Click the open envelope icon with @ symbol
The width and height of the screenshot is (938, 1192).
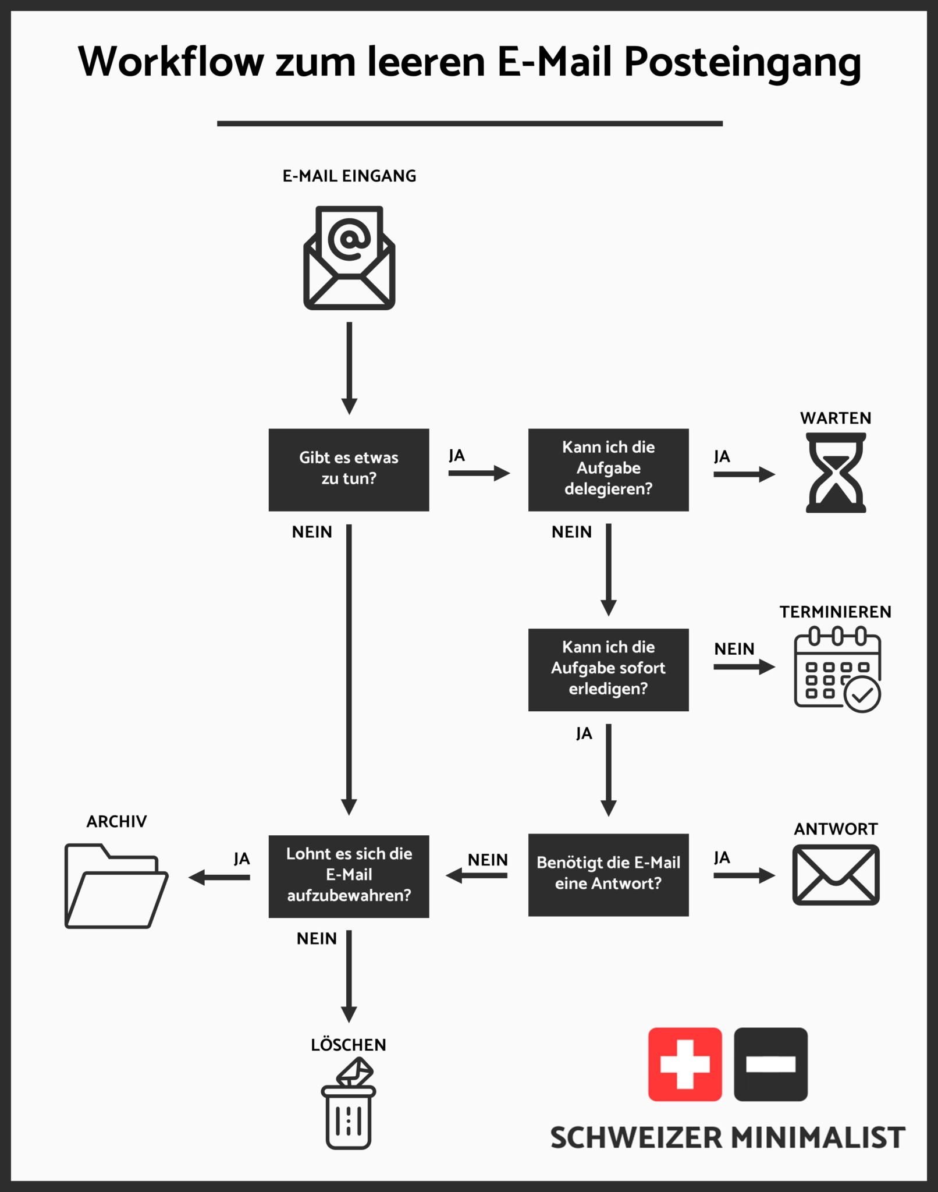349,257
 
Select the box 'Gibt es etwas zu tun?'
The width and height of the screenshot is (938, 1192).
349,470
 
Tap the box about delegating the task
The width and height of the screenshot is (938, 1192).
608,470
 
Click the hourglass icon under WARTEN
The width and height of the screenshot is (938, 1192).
836,473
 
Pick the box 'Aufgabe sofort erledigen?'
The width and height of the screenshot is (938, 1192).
608,669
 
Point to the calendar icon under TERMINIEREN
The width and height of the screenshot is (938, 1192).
837,669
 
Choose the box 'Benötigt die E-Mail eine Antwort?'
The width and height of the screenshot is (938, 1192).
608,874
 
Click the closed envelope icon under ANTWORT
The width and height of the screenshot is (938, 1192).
836,875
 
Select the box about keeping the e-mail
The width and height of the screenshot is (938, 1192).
349,876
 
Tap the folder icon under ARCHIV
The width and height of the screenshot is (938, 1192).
116,885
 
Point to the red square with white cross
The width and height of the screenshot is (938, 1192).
685,1064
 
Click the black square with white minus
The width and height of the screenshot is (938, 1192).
770,1064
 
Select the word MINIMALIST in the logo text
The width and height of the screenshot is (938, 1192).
818,1138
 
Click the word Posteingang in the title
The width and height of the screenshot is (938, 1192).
742,62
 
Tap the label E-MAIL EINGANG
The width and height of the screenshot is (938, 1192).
349,176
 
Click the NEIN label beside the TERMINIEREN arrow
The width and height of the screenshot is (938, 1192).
734,648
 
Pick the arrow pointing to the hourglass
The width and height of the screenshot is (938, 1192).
744,474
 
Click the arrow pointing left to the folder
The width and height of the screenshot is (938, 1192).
219,877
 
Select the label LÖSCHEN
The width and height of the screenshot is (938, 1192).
348,1045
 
